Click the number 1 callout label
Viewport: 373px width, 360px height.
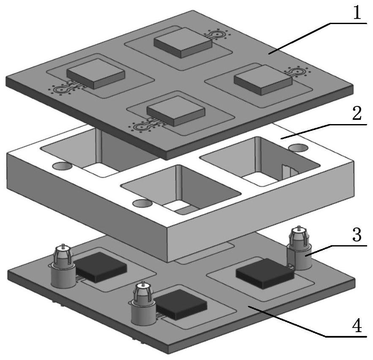[357, 13]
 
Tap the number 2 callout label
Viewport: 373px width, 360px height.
[357, 113]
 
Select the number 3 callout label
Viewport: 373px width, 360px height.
[357, 235]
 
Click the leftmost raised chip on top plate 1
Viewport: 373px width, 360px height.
[95, 74]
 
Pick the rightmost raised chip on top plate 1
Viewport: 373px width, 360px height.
[263, 80]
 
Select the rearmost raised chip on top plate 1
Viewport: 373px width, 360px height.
[182, 43]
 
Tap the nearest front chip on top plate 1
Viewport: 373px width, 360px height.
[176, 111]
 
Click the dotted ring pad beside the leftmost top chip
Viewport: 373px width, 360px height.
[61, 90]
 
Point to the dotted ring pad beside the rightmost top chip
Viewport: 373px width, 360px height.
[297, 71]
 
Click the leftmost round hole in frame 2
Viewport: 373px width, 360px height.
[62, 166]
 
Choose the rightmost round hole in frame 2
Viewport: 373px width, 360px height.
[298, 148]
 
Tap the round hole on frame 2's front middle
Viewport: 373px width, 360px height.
[142, 203]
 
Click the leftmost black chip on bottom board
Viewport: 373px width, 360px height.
[100, 267]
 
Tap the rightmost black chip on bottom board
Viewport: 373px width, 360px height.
[265, 273]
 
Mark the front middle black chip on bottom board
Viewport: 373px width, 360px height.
[180, 304]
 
